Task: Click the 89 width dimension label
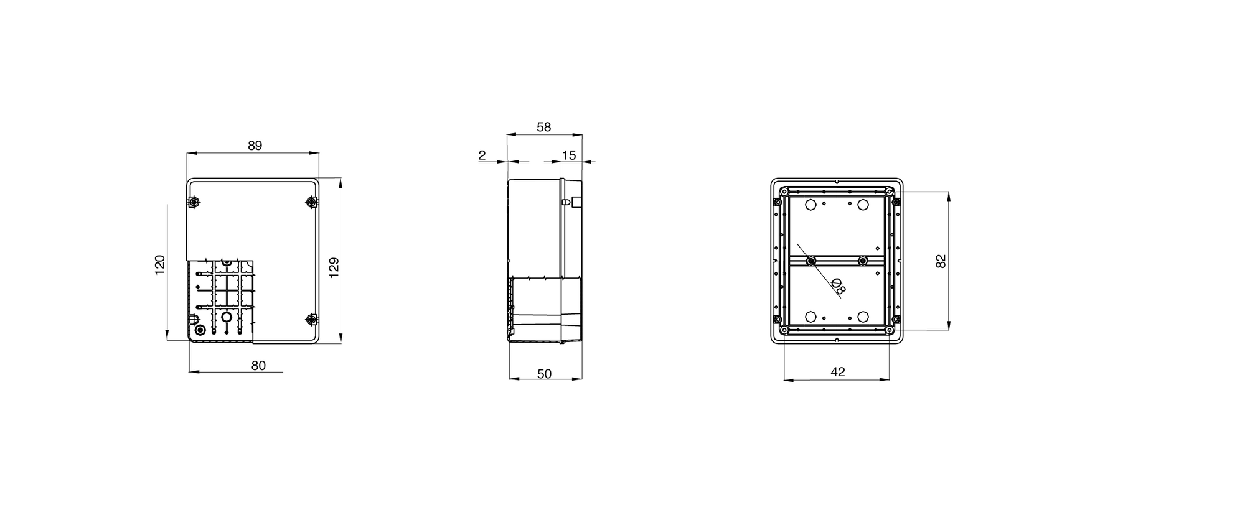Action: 255,146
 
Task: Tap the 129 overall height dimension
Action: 334,267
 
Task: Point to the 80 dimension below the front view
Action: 258,366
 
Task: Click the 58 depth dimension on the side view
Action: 543,127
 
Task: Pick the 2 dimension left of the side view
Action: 482,155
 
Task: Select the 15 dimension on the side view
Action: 569,155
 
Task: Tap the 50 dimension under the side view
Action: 544,374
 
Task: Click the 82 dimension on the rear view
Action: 941,261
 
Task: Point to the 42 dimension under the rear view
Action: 838,372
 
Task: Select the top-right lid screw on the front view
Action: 311,202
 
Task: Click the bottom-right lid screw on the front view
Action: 311,320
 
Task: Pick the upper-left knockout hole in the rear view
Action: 810,205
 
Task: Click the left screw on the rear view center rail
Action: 810,261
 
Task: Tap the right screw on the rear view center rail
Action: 863,261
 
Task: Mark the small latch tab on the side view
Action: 565,202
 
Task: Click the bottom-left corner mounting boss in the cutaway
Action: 200,330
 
